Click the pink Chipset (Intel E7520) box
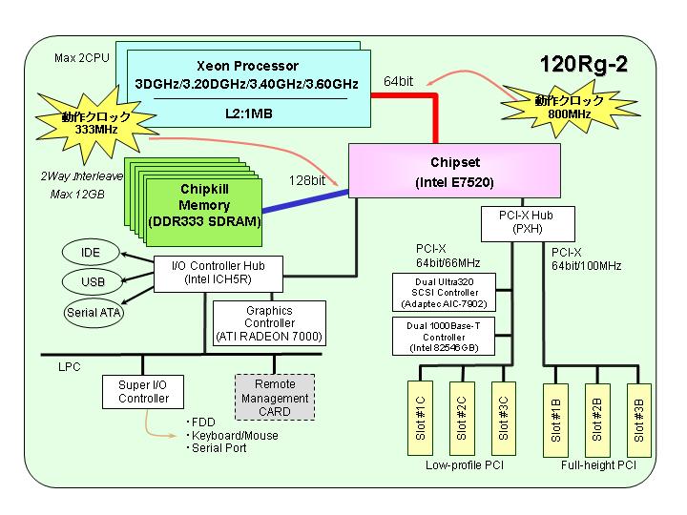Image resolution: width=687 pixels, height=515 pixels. click(x=454, y=171)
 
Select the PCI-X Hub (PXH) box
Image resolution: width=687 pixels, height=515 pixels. click(x=528, y=223)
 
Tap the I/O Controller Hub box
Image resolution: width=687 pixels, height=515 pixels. click(x=219, y=274)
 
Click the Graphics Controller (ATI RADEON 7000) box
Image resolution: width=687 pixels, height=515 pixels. click(x=269, y=323)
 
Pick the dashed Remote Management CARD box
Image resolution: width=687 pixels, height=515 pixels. click(x=275, y=397)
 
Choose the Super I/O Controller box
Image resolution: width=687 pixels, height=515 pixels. click(x=143, y=392)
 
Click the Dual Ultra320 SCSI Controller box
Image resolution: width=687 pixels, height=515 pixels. click(x=444, y=293)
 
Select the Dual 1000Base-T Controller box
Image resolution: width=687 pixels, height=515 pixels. click(x=444, y=337)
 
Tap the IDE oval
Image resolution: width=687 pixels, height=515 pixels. click(x=91, y=253)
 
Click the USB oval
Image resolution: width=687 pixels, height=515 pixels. click(x=92, y=281)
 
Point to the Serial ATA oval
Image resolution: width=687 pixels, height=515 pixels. click(x=94, y=313)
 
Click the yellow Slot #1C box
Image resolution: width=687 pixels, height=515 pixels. click(x=420, y=419)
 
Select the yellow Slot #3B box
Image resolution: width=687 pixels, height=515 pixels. click(x=638, y=421)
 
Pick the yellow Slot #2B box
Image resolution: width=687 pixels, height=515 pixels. click(x=597, y=421)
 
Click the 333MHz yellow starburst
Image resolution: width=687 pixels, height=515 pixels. click(x=96, y=123)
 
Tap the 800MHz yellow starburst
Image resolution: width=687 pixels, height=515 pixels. click(x=570, y=108)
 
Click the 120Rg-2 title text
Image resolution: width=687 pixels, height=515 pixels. click(x=584, y=64)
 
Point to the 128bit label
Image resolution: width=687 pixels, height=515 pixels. click(x=307, y=180)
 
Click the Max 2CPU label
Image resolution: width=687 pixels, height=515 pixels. click(x=82, y=58)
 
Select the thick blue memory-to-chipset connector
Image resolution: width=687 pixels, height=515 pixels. click(x=305, y=201)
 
